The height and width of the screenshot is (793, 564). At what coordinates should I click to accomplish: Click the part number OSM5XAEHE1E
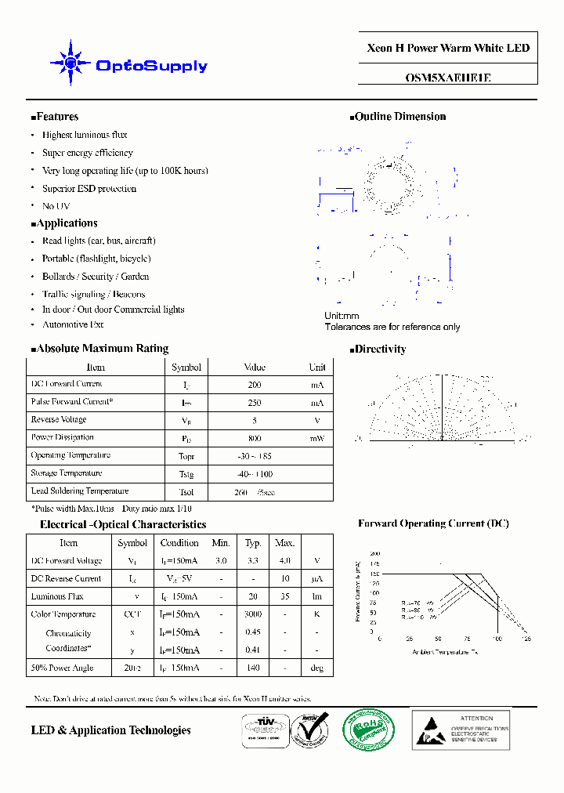[448, 78]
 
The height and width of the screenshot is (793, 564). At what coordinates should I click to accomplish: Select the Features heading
[56, 117]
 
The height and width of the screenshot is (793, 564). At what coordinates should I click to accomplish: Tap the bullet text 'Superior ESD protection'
[89, 189]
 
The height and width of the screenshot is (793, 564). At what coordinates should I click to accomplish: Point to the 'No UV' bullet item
[56, 206]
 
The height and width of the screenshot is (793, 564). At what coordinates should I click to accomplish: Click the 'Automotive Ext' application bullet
[73, 324]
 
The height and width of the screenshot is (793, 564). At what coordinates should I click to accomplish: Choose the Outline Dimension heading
[399, 117]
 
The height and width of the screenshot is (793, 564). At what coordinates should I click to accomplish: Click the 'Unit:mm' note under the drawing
[342, 316]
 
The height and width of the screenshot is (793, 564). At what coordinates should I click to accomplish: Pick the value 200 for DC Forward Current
[255, 385]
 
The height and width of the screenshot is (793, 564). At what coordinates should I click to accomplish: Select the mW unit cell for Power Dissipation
[316, 439]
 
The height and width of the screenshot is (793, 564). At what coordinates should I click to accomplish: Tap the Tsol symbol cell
[186, 492]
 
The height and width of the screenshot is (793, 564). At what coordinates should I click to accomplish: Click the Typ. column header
[253, 542]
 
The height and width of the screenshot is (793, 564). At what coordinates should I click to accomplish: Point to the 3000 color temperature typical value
[253, 614]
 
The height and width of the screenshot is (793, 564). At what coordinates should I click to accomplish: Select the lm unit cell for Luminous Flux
[316, 596]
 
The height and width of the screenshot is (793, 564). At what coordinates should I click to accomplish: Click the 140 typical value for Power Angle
[253, 668]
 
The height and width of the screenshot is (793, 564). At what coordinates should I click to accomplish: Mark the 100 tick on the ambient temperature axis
[497, 639]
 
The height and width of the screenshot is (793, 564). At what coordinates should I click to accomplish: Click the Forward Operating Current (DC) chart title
[433, 523]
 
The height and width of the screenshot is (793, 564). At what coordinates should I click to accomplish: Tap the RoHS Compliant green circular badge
[369, 730]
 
